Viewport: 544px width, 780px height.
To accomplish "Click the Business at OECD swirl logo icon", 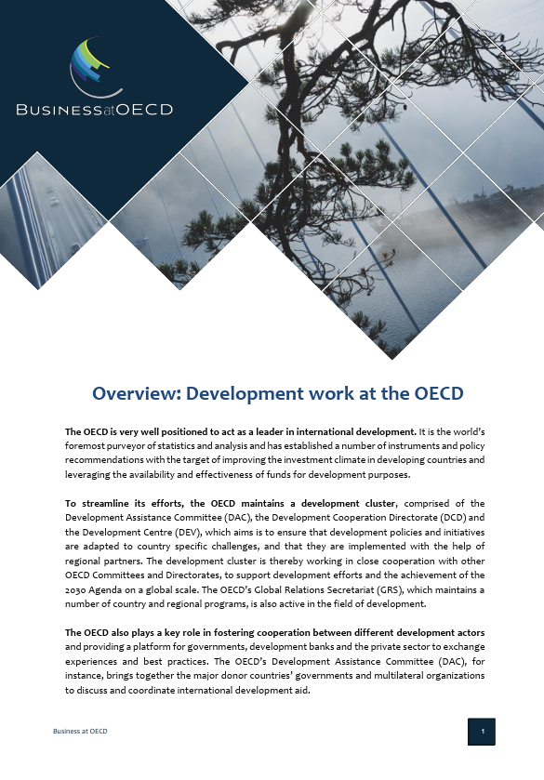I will (89, 67).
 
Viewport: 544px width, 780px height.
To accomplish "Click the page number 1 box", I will (482, 733).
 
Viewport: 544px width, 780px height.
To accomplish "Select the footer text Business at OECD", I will (80, 733).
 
